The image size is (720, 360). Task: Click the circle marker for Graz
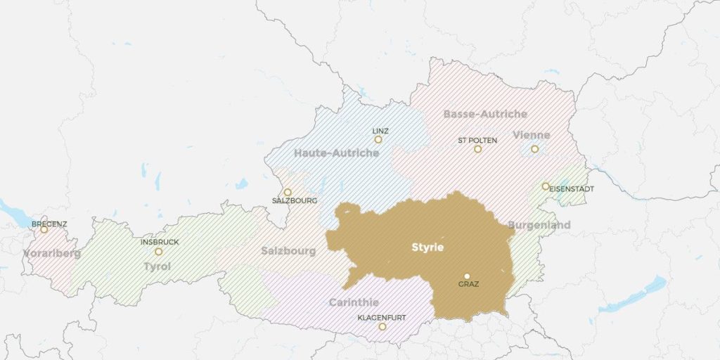(x=466, y=276)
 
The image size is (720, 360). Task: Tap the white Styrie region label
(x=427, y=248)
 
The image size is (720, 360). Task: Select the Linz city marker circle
(x=378, y=139)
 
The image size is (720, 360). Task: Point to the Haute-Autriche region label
(x=336, y=153)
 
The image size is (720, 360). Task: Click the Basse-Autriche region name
(x=485, y=114)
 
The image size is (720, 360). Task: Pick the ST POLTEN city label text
(x=477, y=140)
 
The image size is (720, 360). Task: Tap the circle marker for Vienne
(x=534, y=148)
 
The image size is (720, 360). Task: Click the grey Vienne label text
(x=532, y=135)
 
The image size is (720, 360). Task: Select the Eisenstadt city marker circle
(x=546, y=186)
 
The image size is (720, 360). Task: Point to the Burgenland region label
(x=539, y=225)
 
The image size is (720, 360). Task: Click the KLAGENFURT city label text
(x=382, y=318)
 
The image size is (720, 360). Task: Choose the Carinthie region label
(x=354, y=302)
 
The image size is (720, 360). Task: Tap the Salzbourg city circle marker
(x=287, y=192)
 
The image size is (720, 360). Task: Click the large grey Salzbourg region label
(x=288, y=251)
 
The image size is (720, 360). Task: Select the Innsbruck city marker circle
(x=158, y=251)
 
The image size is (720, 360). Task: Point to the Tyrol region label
(x=157, y=266)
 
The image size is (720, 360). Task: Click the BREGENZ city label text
(x=49, y=224)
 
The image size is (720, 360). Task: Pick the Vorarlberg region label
(x=52, y=253)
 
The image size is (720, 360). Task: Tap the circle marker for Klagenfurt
(x=382, y=327)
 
